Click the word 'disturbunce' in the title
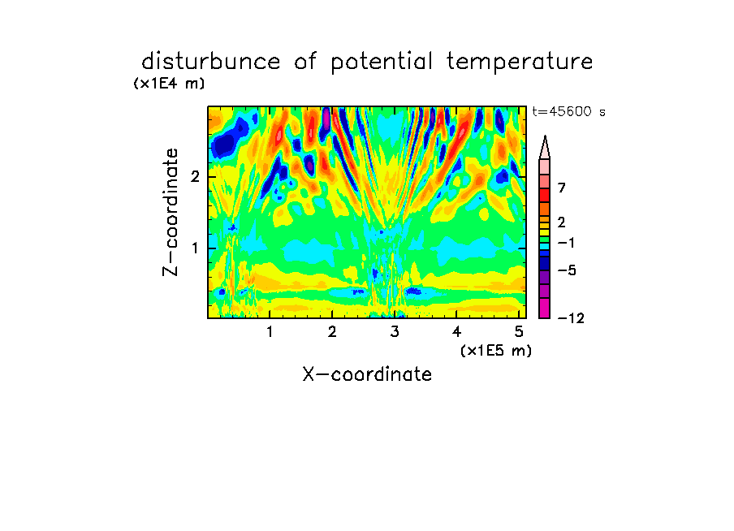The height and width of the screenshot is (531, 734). click(x=210, y=61)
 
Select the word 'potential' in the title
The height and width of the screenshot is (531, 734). click(x=382, y=63)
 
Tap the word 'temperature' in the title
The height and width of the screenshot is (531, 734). click(x=520, y=62)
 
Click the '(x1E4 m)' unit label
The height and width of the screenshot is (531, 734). click(x=169, y=84)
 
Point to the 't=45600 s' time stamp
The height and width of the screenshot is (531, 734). click(x=568, y=111)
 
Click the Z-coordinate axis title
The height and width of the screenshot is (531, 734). click(x=171, y=212)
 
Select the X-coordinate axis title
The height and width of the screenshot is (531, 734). click(x=367, y=374)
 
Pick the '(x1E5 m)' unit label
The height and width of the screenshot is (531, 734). click(x=496, y=350)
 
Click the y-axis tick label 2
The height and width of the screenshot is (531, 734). click(x=195, y=177)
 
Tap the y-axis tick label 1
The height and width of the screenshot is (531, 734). click(x=195, y=248)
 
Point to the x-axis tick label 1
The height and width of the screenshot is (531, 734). click(x=270, y=332)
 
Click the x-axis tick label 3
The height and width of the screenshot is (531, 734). click(x=395, y=332)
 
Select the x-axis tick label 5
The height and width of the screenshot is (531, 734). click(x=519, y=332)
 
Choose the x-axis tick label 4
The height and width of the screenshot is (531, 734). click(x=457, y=332)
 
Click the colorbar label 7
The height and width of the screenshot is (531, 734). click(x=562, y=188)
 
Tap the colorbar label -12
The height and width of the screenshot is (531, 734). click(x=571, y=318)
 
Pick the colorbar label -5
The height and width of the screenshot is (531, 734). click(x=567, y=270)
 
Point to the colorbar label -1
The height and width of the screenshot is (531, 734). click(x=566, y=243)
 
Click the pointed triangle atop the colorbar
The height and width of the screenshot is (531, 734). click(x=545, y=147)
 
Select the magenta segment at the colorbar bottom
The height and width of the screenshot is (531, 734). click(x=545, y=308)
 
